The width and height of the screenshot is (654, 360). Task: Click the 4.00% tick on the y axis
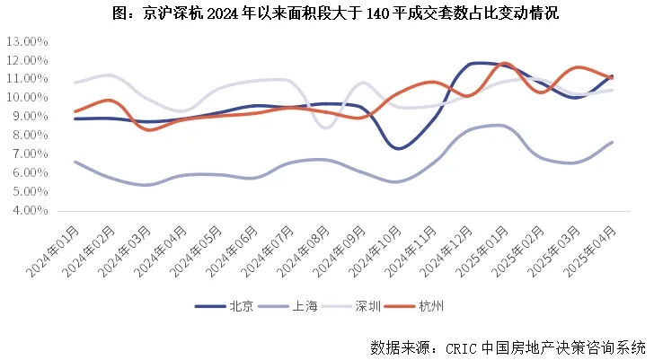29,211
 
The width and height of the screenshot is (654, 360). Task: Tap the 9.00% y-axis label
29,117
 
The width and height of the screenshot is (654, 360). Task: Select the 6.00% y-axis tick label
29,173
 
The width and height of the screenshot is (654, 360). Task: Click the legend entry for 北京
225,307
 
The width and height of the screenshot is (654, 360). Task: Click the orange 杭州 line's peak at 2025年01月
505,64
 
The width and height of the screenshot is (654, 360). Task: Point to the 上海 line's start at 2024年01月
75,162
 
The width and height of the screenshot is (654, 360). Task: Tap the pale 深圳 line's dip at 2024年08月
325,128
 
